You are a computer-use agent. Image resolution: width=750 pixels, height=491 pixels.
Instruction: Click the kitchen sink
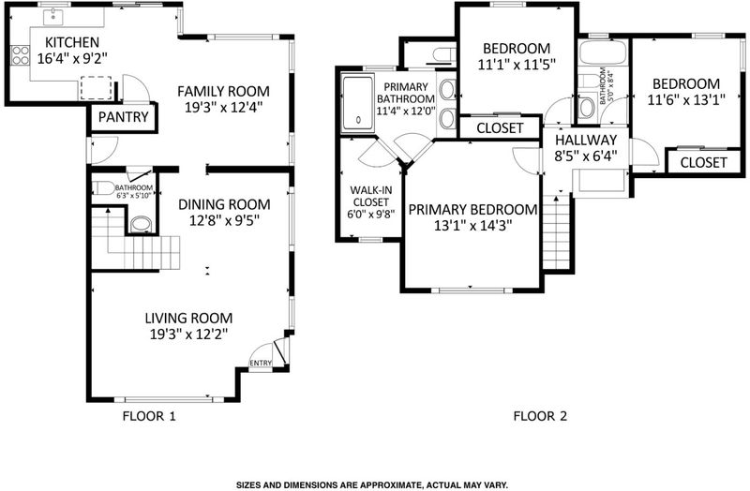click(x=53, y=17)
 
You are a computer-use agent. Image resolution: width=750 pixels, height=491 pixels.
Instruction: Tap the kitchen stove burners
click(x=20, y=54)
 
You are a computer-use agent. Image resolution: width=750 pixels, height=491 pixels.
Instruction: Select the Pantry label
click(x=124, y=116)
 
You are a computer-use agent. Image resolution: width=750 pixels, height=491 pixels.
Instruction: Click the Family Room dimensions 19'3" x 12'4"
click(x=224, y=107)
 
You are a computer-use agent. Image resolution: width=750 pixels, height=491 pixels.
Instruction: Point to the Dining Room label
click(x=224, y=204)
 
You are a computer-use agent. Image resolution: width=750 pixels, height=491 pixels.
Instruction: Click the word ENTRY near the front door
click(x=261, y=364)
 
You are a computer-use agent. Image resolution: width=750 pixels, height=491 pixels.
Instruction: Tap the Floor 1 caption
click(x=149, y=416)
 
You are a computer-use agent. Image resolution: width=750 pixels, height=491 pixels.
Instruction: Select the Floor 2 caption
click(x=540, y=416)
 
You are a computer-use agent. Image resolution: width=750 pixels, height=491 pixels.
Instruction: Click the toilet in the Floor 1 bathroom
click(x=103, y=188)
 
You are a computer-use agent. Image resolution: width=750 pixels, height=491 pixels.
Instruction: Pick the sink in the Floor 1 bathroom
click(x=142, y=224)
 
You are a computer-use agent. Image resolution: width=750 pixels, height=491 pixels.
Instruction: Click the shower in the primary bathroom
click(x=358, y=102)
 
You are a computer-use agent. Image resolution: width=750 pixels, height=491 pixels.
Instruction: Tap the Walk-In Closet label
click(x=370, y=196)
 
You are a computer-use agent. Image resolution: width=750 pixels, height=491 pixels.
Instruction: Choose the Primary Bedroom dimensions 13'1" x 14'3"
click(x=472, y=226)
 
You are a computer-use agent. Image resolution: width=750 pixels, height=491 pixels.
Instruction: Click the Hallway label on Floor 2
click(x=586, y=140)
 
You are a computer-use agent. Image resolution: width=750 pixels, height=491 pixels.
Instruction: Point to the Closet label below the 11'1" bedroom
click(x=500, y=128)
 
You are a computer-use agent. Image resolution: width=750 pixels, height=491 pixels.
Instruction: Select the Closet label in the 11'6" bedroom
click(x=703, y=162)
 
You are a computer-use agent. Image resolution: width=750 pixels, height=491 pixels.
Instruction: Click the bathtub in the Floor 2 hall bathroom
click(x=603, y=53)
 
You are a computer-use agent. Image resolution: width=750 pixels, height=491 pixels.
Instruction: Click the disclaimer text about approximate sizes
click(x=372, y=484)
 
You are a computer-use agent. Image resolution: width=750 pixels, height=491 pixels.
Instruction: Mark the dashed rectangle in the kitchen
click(x=97, y=88)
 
